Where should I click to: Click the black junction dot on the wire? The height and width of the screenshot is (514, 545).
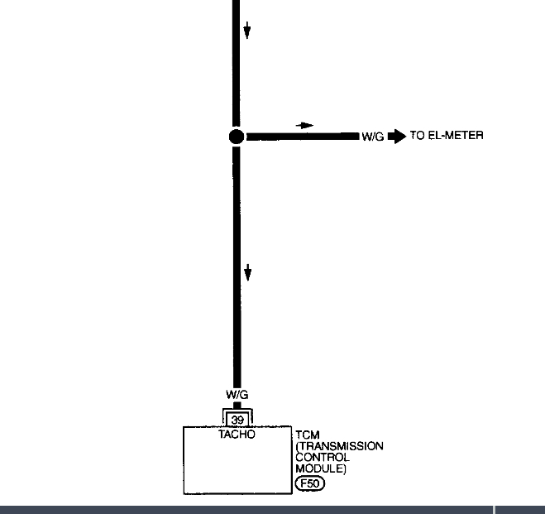[x=236, y=137]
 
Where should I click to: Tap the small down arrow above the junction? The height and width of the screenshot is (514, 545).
[x=246, y=31]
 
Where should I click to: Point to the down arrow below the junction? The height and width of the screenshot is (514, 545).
[x=246, y=272]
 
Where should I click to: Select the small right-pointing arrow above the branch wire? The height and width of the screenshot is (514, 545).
[x=306, y=126]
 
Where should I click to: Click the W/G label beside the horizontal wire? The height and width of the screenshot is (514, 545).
[x=372, y=137]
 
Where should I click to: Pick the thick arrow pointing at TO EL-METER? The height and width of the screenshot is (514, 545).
[x=396, y=136]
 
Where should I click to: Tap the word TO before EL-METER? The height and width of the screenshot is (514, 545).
[x=417, y=136]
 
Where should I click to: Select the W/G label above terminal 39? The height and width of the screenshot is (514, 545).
[x=237, y=396]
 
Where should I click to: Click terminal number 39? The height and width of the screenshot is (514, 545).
[x=237, y=419]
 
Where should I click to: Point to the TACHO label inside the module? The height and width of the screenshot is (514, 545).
[x=237, y=434]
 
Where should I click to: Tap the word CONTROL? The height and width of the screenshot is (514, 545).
[x=322, y=458]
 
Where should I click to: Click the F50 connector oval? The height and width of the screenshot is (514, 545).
[x=309, y=483]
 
